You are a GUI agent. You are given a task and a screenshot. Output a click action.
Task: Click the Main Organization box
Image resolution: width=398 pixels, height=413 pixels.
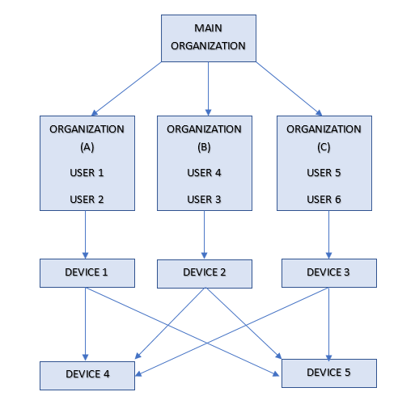[x=208, y=37]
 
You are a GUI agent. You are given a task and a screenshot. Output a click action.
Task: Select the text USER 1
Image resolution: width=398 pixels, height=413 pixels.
[x=87, y=173]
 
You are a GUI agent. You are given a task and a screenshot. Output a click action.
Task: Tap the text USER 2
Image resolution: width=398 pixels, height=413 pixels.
[x=87, y=200]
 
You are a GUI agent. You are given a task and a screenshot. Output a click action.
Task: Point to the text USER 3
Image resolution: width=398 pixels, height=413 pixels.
[x=204, y=200]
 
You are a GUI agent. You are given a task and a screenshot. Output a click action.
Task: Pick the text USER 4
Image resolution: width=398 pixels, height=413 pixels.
[x=204, y=173]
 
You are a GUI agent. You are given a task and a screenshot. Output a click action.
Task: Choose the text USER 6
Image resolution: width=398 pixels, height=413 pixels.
[x=324, y=200]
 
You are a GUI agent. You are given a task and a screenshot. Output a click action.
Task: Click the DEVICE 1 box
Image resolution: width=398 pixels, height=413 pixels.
[x=87, y=272]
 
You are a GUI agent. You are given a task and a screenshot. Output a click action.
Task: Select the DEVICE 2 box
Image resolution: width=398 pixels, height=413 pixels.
[x=204, y=273]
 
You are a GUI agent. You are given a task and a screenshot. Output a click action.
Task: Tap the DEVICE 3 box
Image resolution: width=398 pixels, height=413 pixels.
[x=328, y=272]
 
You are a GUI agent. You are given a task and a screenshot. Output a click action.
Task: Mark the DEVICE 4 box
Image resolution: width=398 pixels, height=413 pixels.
[x=87, y=374]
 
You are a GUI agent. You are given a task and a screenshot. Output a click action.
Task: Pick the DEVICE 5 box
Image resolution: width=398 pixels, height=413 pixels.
[x=328, y=373]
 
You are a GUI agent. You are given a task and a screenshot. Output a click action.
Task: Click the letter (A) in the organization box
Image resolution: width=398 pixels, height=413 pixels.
[x=87, y=148]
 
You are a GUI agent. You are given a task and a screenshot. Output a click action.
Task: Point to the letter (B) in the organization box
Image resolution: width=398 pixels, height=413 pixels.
[x=204, y=148]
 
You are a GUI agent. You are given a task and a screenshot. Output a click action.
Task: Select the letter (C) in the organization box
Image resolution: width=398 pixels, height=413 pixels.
[x=324, y=148]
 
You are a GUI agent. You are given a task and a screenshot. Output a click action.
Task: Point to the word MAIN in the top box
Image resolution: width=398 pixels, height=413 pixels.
[x=208, y=28]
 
